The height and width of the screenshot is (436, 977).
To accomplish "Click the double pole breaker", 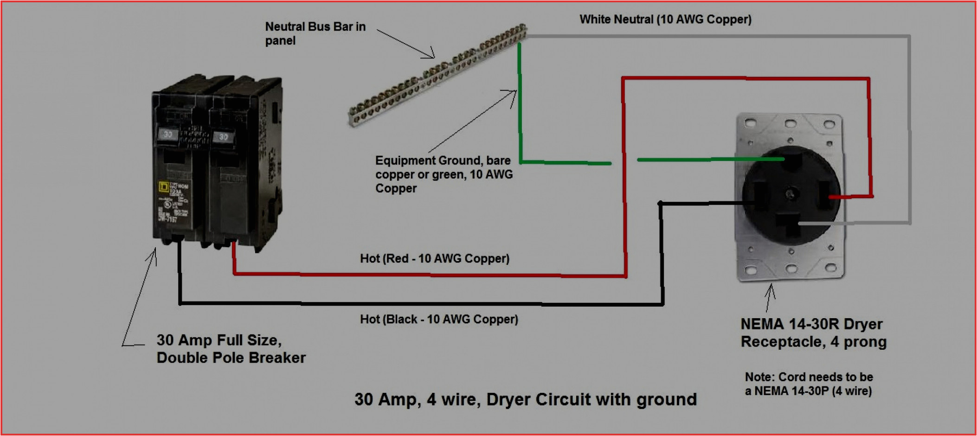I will (x=217, y=162).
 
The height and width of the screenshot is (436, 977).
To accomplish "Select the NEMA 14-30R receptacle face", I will (x=791, y=195).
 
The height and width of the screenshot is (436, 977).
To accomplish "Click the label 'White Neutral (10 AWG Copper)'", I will (x=665, y=19).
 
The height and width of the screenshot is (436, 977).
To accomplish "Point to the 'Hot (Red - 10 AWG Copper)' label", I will (x=435, y=259).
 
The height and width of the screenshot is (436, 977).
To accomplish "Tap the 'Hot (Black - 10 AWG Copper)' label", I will (x=439, y=320).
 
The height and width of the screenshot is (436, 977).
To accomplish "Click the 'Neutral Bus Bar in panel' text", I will (x=315, y=33).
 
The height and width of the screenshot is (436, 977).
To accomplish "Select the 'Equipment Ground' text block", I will (x=444, y=174).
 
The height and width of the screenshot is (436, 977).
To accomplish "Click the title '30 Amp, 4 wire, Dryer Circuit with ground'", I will (x=525, y=399).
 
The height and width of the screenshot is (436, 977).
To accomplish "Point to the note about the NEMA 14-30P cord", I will (x=809, y=384).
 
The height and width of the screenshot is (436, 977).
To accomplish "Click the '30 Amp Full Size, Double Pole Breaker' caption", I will (x=231, y=349).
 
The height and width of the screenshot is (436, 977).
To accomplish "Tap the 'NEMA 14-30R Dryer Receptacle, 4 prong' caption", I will (x=813, y=333).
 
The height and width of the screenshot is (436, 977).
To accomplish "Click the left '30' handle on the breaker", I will (x=168, y=135).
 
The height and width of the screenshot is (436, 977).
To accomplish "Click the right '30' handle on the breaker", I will (x=224, y=137).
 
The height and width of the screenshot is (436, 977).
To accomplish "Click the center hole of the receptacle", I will (x=791, y=193).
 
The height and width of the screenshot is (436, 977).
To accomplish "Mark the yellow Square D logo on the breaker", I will (x=163, y=186).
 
